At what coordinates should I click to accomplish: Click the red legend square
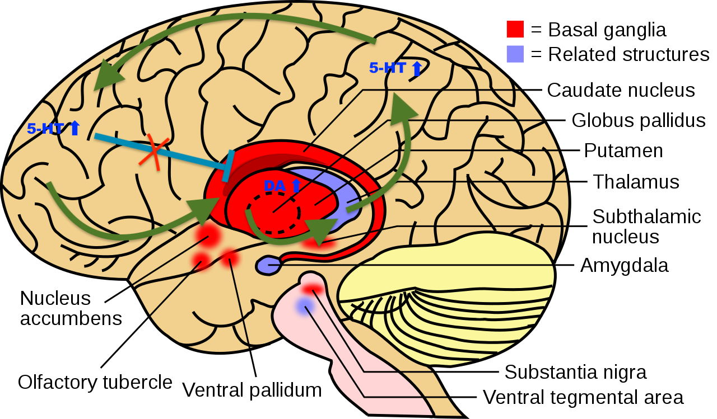pos(515,29)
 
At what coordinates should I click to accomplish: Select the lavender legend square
pos(515,54)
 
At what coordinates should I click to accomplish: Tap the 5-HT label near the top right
pos(387,68)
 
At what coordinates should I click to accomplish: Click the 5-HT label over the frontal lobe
pos(45,129)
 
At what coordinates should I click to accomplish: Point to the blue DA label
pos(274,186)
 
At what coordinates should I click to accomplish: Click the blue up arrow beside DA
pos(296,185)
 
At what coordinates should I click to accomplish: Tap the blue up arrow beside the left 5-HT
pos(74,128)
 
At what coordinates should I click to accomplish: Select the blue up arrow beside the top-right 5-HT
pos(416,69)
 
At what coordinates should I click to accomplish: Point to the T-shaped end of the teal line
pos(228,166)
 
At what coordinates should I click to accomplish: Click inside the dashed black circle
pos(273,213)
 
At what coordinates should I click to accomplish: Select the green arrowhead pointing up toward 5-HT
pos(402,109)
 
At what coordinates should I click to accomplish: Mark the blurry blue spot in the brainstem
pos(305,306)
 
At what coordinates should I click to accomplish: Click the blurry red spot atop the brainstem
pos(312,289)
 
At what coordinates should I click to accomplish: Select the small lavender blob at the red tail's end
pos(268,266)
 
